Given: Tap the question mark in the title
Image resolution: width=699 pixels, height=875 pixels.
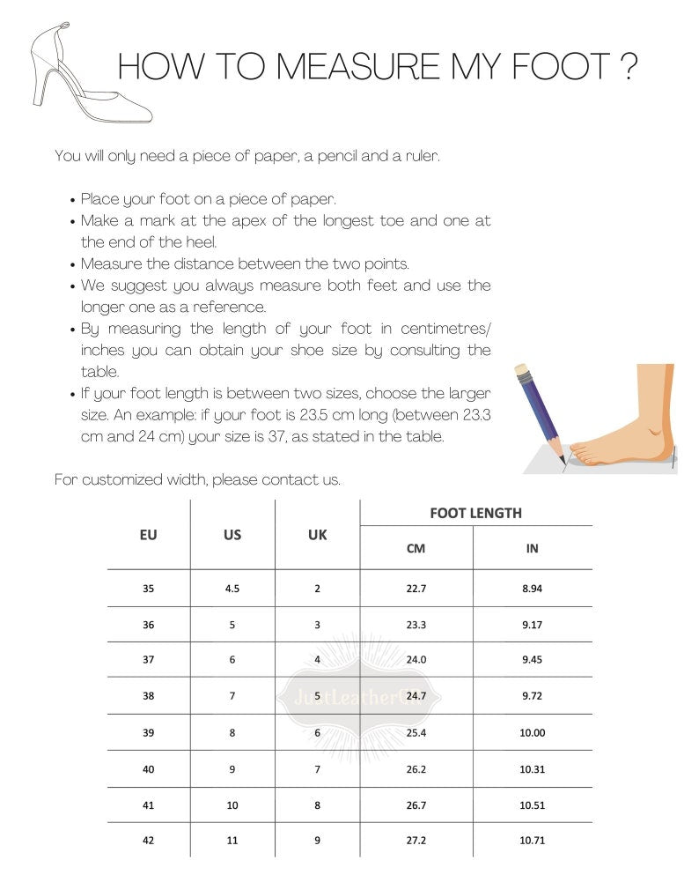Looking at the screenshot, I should click(628, 67).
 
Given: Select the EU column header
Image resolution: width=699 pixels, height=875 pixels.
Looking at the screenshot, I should click(149, 535).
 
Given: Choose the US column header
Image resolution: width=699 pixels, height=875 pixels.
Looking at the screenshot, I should click(232, 535).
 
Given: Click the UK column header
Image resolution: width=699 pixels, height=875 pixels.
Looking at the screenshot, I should click(317, 535).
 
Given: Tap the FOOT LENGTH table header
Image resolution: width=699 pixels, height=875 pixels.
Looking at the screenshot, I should click(475, 513).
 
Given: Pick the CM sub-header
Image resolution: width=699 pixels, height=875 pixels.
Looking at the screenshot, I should click(416, 548).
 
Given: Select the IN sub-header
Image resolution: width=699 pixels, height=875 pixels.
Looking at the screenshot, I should click(532, 548).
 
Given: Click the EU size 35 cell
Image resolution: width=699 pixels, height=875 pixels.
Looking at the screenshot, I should click(148, 588).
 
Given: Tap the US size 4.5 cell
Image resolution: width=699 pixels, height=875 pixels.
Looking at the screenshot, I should click(232, 588).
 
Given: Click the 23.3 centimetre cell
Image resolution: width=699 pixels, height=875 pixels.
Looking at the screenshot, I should click(416, 624).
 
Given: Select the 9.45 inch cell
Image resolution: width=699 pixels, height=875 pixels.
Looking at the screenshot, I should click(532, 659).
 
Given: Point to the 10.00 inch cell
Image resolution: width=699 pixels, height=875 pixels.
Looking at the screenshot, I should click(532, 732).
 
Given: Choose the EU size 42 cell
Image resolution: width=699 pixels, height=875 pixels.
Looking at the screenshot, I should click(148, 841).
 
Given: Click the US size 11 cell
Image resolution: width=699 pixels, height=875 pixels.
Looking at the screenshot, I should click(232, 841).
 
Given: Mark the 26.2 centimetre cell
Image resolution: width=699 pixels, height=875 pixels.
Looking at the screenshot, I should click(416, 768).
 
